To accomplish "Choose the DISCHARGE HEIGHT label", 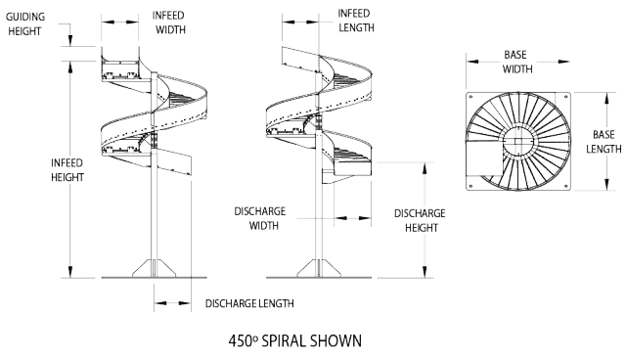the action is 420,219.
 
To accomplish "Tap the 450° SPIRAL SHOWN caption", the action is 293,341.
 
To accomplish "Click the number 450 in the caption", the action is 238,341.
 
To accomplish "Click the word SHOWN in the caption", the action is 337,341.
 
